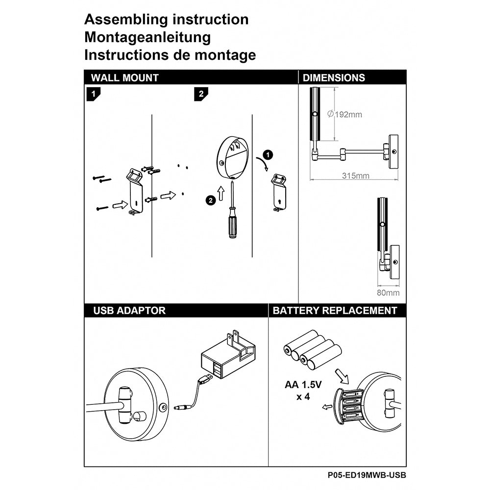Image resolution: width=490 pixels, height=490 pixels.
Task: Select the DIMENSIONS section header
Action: [x=334, y=77]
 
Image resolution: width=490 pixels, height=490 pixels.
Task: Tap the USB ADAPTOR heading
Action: [x=129, y=310]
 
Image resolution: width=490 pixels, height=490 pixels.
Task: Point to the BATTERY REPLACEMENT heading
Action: [x=335, y=310]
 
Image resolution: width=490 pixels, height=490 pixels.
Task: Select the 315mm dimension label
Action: [x=356, y=175]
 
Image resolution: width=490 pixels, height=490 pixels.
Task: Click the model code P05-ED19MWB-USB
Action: [x=367, y=475]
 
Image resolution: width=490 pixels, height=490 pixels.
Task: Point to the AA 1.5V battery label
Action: [x=303, y=385]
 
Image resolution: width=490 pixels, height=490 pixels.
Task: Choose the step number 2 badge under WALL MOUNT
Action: [x=200, y=94]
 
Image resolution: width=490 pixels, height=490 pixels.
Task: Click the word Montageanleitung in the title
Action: [x=147, y=37]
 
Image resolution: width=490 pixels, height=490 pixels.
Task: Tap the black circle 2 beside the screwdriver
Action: [x=210, y=199]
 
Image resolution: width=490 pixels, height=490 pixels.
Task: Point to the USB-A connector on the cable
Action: [x=206, y=378]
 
